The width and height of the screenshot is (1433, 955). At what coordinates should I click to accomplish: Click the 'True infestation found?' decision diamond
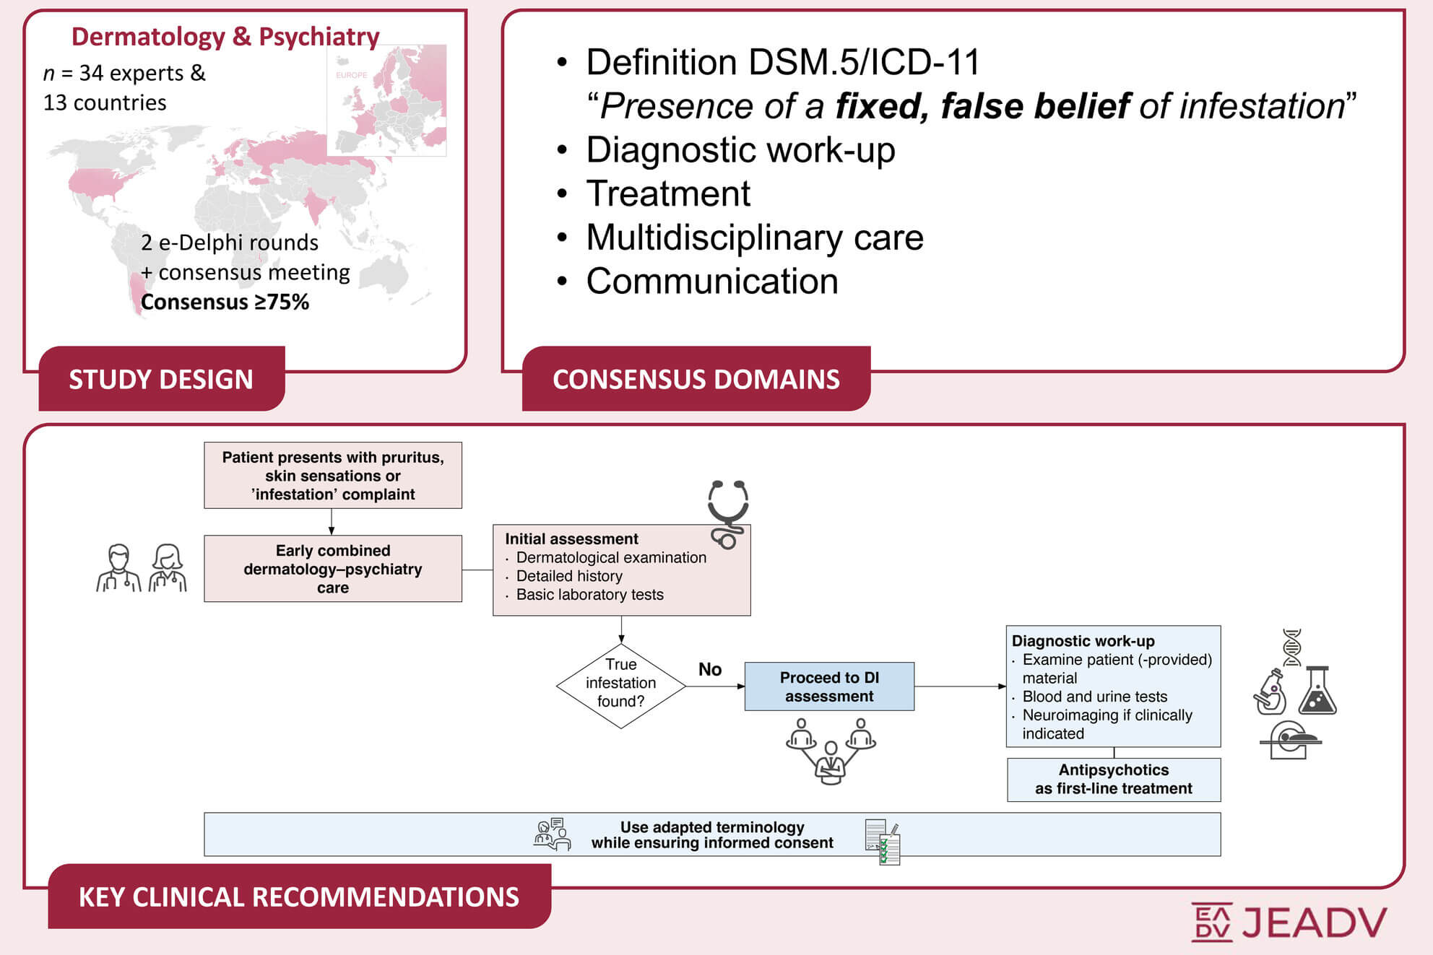point(621,686)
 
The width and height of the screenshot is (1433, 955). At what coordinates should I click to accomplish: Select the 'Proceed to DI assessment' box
point(829,686)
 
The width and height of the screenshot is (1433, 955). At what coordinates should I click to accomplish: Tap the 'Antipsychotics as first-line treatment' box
point(1114,780)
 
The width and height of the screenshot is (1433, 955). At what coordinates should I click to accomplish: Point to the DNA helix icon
point(1292,647)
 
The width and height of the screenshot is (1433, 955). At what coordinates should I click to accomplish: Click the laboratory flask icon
point(1317,691)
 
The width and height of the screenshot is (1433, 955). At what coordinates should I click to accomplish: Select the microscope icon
point(1270,692)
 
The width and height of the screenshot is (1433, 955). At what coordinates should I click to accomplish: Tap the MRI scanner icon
point(1291,740)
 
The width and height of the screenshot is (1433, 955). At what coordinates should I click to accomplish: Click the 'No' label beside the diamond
point(710,669)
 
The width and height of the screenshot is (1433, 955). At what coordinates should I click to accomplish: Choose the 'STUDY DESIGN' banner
point(162,378)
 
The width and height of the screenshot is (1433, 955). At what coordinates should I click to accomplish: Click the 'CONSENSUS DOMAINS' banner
point(696,378)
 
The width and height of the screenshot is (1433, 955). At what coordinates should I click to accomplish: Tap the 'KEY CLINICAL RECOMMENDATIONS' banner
point(299,896)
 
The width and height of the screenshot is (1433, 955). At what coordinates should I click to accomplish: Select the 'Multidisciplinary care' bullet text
point(755,237)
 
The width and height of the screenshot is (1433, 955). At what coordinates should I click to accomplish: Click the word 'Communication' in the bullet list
point(712,282)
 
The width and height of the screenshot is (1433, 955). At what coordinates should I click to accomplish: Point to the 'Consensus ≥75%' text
point(225,302)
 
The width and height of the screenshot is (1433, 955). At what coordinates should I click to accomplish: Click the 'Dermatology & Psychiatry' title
point(225,36)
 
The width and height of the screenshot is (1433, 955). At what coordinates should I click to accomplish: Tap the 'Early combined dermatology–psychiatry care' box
point(333,569)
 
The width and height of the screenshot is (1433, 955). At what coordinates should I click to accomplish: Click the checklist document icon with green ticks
point(883,842)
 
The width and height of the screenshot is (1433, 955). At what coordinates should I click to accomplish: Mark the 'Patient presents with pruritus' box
point(333,476)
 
